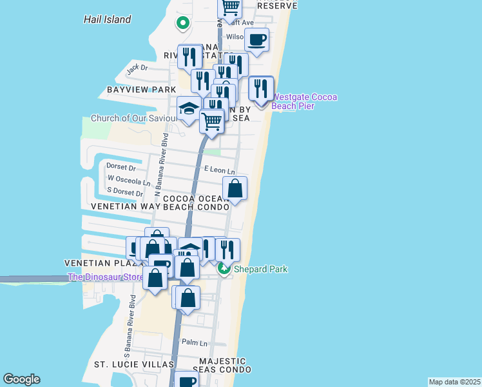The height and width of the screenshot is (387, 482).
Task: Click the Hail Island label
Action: pos(107,19)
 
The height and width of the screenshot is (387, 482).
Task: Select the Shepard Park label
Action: pos(260,269)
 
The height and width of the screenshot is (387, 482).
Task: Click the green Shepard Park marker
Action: pos(224,268)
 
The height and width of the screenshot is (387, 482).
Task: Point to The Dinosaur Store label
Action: pos(106,278)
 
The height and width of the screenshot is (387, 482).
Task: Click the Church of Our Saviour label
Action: pos(133,118)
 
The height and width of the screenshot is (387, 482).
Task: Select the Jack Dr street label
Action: pos(137,68)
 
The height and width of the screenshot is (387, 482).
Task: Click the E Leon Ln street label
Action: pos(218,169)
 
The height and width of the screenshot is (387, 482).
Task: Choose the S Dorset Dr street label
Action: pos(125,193)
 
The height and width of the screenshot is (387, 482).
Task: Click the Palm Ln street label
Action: pos(195,342)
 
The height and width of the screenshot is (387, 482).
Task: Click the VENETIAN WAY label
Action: pos(126,207)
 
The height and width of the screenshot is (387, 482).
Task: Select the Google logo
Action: pos(21,379)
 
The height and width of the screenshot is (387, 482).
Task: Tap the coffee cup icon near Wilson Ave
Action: pos(256,40)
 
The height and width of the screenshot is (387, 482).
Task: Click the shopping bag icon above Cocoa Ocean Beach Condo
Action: pos(235,189)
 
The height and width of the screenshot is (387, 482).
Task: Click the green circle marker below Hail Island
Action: pos(182,24)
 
